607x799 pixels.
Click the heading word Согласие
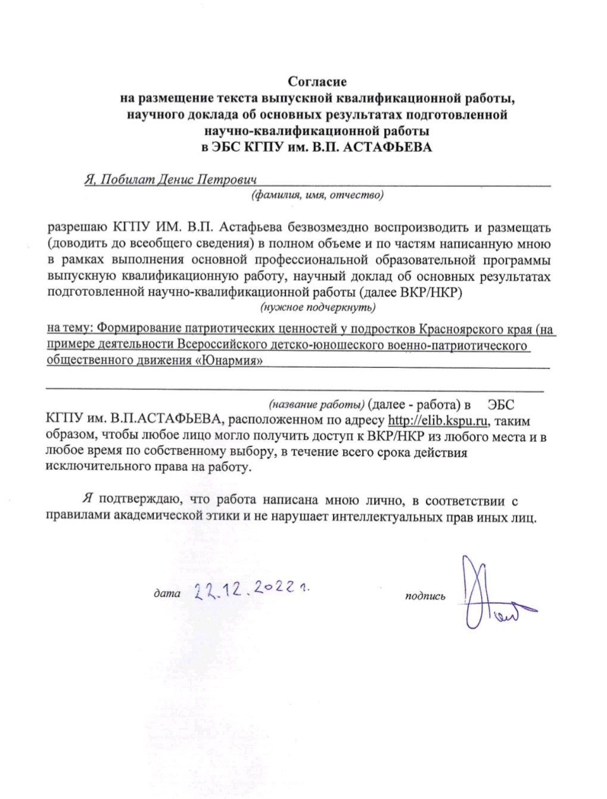click(x=317, y=81)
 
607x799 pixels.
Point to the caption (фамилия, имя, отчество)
click(x=316, y=195)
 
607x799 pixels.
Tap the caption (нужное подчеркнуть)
click(x=316, y=307)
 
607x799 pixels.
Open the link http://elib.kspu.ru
click(x=438, y=420)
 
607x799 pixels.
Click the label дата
click(x=167, y=594)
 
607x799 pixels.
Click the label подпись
click(x=425, y=596)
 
